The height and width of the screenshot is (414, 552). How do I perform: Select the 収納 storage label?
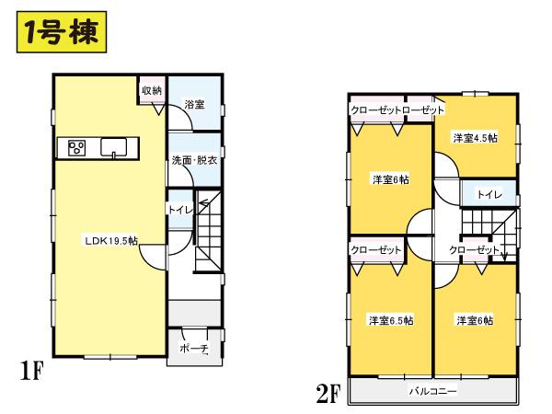coord(152,90)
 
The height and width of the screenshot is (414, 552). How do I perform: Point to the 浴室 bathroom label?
coord(193,103)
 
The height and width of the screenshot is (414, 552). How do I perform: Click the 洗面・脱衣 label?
coord(194,160)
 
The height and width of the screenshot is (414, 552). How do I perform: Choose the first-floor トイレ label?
coord(178,210)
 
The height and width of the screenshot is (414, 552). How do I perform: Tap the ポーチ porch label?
coord(193,350)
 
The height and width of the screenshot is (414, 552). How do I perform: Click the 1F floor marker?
coord(31,373)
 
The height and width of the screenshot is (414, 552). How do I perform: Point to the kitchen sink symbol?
coord(116,147)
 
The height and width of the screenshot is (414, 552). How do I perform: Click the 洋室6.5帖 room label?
coord(390,320)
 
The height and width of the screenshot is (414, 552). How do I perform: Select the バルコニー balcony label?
coord(432,391)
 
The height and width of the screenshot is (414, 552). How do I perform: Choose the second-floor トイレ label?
coord(489,195)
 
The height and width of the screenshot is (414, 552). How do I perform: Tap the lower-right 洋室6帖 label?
coord(475,320)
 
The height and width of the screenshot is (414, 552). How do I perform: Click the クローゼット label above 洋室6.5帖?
coord(377,249)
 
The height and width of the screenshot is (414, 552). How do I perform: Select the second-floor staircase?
coord(487,225)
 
